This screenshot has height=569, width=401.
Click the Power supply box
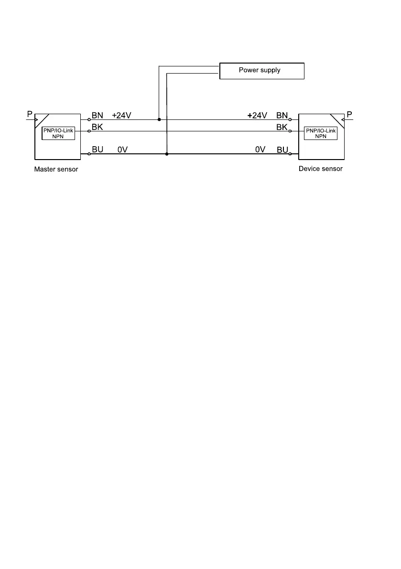pos(261,71)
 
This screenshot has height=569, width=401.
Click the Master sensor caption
pos(56,169)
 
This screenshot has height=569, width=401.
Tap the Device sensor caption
pos(320,169)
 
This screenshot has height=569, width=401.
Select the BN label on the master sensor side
pos(97,116)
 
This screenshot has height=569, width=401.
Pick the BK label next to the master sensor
pos(97,127)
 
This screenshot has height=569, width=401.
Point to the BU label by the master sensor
pos(98,150)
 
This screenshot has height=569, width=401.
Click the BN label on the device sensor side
pos(282,116)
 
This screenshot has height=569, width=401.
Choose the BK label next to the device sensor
pos(282,128)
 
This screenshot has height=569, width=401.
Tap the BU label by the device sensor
pos(282,150)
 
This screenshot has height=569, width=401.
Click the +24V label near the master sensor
pos(122,116)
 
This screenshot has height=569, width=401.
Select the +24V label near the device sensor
pos(257,116)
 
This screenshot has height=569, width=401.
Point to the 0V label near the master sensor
pos(123,150)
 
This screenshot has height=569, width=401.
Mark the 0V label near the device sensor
pos(260,150)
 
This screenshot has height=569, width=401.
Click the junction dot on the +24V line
pos(159,119)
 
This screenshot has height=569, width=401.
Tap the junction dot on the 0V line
pos(166,154)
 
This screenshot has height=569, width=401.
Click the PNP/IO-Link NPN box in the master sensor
pos(58,133)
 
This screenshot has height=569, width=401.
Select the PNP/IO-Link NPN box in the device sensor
pos(321,133)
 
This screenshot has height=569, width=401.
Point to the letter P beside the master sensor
pos(30,115)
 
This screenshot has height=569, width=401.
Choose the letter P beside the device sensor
pos(349,115)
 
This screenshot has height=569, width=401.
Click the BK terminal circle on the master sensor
pos(89,131)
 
